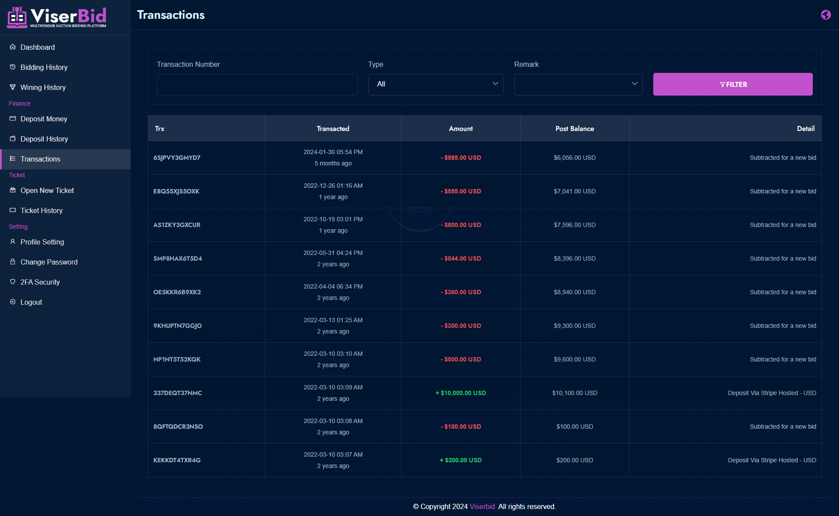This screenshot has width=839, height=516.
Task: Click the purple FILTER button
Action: (x=733, y=84)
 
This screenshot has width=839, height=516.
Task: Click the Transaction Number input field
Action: (x=257, y=84)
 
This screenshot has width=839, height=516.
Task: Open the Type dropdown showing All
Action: (x=436, y=84)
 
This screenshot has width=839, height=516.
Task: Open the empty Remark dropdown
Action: (x=578, y=84)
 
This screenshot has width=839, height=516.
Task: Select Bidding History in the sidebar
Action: (x=44, y=67)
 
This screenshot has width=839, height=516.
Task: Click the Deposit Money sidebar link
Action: (x=44, y=119)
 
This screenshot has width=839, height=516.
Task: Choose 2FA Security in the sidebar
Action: (x=40, y=282)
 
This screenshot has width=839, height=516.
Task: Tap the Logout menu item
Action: (x=31, y=302)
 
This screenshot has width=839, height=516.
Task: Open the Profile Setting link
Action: (x=42, y=242)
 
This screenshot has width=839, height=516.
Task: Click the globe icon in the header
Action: (x=826, y=15)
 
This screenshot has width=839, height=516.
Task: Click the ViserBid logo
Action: (x=57, y=17)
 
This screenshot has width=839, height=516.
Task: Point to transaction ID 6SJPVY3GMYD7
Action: (x=177, y=158)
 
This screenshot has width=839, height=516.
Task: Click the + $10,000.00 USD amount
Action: (x=461, y=393)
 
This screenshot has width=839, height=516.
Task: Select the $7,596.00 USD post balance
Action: (x=575, y=225)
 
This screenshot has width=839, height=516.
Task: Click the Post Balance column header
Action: (x=575, y=129)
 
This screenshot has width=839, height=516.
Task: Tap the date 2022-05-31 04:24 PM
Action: (x=333, y=253)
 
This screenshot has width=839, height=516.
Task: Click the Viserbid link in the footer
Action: (x=482, y=506)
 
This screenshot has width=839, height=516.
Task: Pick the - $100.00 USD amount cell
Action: (x=461, y=427)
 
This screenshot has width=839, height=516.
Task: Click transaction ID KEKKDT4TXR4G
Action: (x=177, y=460)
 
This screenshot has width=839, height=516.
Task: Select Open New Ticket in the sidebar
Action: (x=47, y=190)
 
